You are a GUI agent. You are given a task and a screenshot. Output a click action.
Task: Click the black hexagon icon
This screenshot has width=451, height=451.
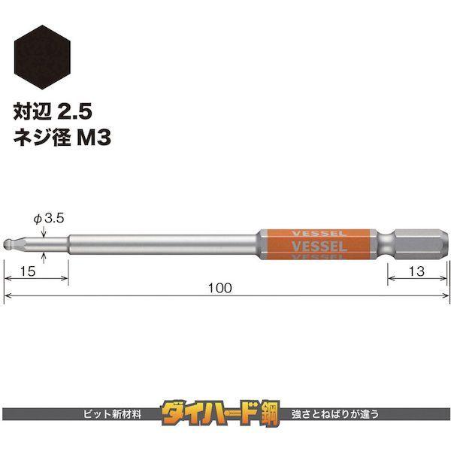(42, 57)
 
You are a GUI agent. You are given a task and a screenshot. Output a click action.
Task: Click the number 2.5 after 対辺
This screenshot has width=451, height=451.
(74, 111)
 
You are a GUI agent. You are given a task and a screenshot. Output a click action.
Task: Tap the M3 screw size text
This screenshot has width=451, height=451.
(95, 138)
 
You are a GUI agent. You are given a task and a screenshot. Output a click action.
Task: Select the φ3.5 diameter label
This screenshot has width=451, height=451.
(49, 219)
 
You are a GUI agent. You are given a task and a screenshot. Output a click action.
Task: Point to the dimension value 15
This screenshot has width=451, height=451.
(28, 271)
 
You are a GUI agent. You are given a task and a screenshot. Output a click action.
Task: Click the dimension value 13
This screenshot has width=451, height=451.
(416, 271)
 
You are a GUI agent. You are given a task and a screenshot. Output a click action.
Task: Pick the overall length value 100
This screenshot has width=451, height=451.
(219, 288)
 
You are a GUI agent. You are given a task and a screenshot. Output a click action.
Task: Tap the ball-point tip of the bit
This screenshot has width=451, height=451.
(8, 245)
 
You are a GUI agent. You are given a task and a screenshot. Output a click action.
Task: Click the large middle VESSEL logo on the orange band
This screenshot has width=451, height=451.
(319, 247)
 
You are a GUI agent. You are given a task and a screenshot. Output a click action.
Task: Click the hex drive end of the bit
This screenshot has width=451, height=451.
(421, 245)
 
